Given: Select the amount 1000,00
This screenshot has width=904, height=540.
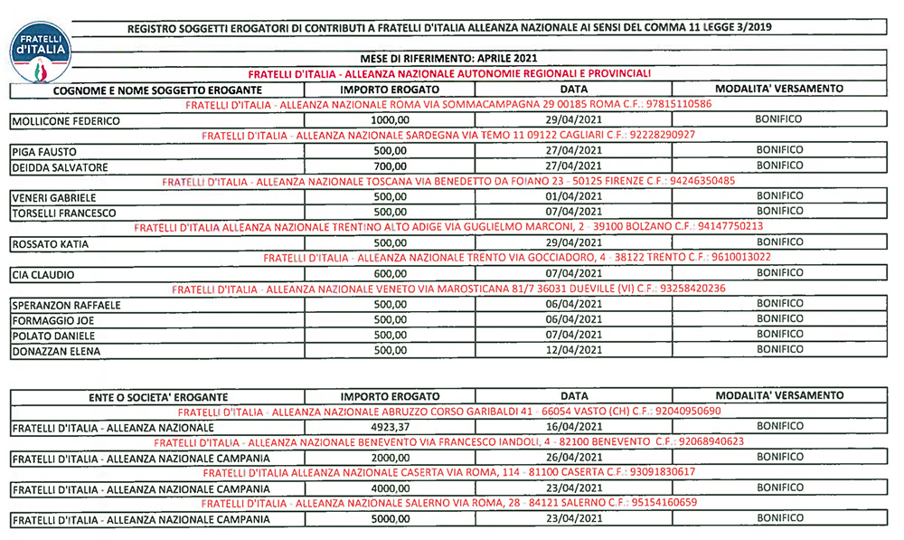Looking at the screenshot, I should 391,120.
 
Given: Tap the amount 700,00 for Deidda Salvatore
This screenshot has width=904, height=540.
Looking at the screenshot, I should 391,167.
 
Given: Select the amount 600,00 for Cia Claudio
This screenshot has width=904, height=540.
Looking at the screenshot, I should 391,274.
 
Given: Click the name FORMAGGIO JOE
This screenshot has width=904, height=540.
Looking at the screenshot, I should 53,320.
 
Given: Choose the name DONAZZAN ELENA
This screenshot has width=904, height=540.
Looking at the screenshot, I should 56,351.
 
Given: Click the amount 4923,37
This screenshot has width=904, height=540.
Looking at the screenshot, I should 391,426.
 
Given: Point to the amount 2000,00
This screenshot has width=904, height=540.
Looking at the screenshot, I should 391,458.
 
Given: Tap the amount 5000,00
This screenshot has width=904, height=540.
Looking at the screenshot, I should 391,520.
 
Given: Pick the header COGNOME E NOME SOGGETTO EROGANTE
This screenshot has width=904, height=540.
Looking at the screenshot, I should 157,90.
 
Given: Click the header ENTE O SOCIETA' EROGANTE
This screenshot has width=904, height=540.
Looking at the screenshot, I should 158,397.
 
